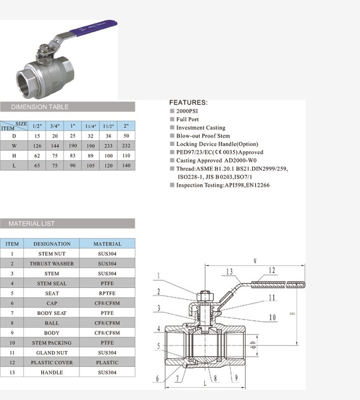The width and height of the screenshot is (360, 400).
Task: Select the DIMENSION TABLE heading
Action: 40,107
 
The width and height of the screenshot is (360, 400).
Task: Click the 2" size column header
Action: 126,125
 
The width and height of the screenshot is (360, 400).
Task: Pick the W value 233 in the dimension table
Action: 108,146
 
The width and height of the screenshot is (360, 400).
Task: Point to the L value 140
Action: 126,166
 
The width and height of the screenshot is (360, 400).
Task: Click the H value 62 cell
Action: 37,155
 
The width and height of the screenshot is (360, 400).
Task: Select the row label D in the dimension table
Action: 14,136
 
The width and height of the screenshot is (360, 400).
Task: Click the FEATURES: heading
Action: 188,102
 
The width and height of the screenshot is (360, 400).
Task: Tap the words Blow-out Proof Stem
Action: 203,136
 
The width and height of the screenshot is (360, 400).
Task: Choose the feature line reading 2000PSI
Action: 187,111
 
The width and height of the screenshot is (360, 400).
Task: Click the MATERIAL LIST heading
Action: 32,224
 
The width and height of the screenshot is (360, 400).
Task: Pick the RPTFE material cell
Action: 107,294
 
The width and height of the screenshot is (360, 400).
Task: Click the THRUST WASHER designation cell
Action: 51,264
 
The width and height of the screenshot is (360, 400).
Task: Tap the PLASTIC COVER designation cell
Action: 51,363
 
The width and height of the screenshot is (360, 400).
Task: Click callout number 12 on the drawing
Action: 271,271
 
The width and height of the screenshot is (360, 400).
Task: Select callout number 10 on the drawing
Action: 272,317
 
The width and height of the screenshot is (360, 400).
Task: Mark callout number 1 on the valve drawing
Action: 158,277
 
